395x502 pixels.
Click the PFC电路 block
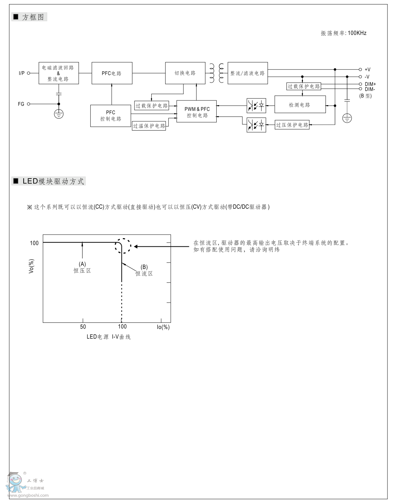[112, 73]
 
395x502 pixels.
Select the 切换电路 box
[185, 73]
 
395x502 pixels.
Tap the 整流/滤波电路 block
[247, 73]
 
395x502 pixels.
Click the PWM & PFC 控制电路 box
[197, 112]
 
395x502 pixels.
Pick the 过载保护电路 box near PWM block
[152, 106]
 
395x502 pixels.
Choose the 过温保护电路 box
[149, 126]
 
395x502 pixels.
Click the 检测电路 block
[300, 105]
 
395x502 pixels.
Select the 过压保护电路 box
[292, 125]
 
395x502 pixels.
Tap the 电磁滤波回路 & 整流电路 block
[59, 73]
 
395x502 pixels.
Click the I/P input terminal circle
[29, 73]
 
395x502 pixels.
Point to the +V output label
[367, 70]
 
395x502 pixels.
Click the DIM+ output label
[370, 84]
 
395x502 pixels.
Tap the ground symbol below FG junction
[59, 114]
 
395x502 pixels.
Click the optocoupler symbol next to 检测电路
[256, 105]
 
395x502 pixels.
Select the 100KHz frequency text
[357, 33]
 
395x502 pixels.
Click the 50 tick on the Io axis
[83, 327]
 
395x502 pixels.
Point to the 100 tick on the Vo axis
[34, 243]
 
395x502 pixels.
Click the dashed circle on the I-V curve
[123, 246]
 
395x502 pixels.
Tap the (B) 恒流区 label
[144, 270]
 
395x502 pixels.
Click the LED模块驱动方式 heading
[53, 181]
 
